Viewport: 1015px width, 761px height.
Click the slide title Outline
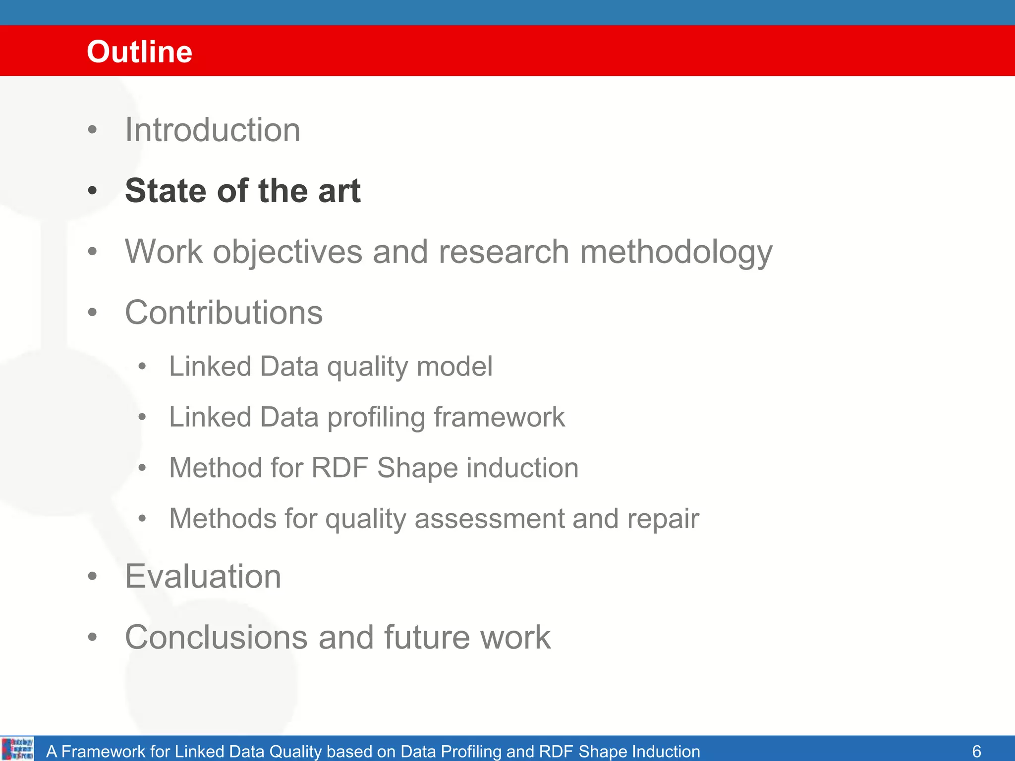pyautogui.click(x=139, y=52)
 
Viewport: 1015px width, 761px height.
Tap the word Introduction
pyautogui.click(x=213, y=130)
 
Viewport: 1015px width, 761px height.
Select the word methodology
pyautogui.click(x=676, y=253)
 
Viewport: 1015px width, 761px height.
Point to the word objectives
pyautogui.click(x=287, y=253)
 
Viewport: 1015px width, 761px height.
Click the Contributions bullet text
pyautogui.click(x=224, y=313)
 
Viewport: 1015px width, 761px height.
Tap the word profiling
pyautogui.click(x=376, y=418)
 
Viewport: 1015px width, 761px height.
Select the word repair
pyautogui.click(x=663, y=519)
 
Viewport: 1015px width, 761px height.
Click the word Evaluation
pyautogui.click(x=203, y=576)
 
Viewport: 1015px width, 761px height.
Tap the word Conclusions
pyautogui.click(x=216, y=637)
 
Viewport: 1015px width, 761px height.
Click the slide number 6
pyautogui.click(x=976, y=751)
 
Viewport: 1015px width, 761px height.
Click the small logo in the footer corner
pyautogui.click(x=18, y=749)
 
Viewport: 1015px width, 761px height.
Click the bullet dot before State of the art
pyautogui.click(x=92, y=191)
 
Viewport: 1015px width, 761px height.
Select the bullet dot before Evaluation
pyautogui.click(x=92, y=576)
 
